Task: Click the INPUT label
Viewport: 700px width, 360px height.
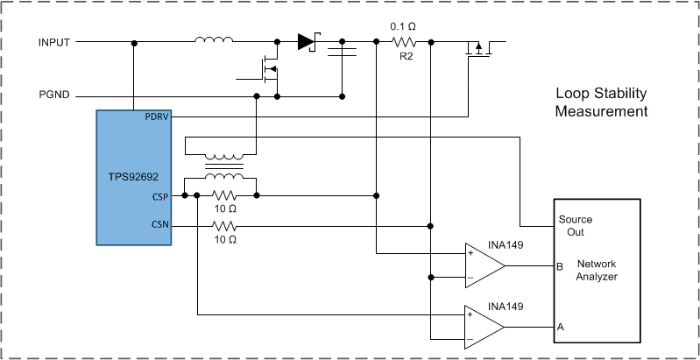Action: [x=54, y=42]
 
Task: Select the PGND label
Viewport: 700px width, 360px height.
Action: [x=54, y=95]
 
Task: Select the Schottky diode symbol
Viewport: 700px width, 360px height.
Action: [x=306, y=41]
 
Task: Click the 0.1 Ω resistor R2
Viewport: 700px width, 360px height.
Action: [x=404, y=42]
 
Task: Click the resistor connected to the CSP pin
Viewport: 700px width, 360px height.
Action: [x=225, y=196]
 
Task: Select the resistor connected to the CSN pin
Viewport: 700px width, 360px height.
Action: [x=225, y=225]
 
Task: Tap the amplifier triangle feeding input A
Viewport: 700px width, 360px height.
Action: [x=485, y=327]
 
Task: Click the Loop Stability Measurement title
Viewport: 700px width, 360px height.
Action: [x=601, y=102]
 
